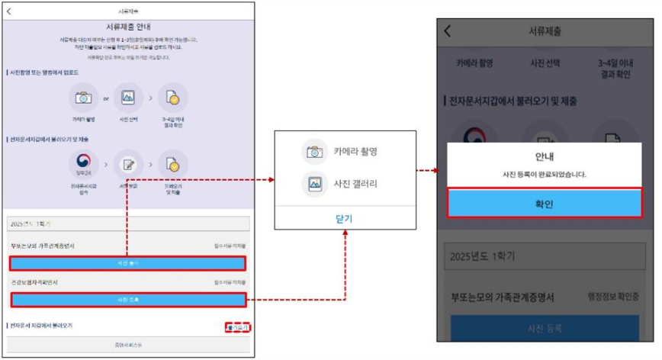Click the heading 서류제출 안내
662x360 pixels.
(x=127, y=26)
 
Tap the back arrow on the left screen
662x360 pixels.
(x=9, y=11)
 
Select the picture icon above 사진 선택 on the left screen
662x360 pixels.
(x=128, y=98)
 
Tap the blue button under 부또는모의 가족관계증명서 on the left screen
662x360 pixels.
(x=127, y=263)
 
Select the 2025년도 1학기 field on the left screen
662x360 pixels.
(x=127, y=225)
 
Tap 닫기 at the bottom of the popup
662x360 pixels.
(x=344, y=219)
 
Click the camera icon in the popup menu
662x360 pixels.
(x=313, y=151)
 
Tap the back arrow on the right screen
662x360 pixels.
(x=448, y=31)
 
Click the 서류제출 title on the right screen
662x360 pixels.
(x=546, y=31)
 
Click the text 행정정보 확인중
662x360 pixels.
(x=613, y=296)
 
